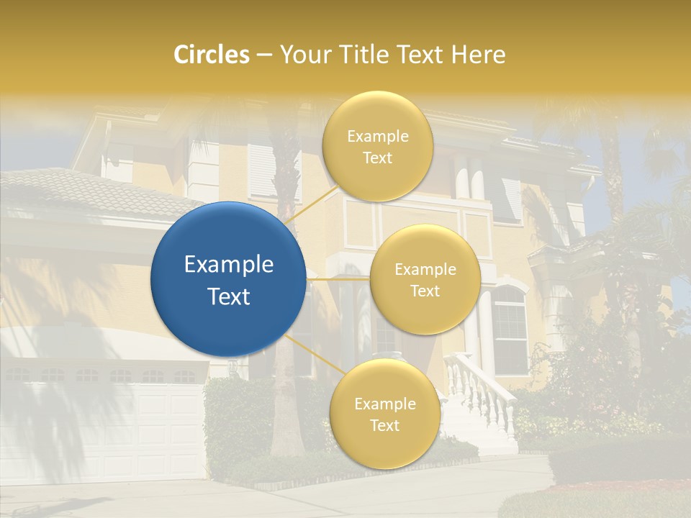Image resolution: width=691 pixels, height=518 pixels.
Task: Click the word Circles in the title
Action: click(x=212, y=55)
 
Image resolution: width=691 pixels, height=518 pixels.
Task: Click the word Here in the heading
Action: click(x=478, y=55)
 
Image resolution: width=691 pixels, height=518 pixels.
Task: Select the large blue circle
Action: click(x=229, y=279)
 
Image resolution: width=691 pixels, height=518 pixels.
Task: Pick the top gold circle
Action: click(x=378, y=146)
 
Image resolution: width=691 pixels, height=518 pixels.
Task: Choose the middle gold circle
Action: click(x=425, y=279)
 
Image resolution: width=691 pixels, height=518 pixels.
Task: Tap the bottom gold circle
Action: click(x=384, y=414)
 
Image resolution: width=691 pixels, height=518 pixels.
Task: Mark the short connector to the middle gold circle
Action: click(x=338, y=278)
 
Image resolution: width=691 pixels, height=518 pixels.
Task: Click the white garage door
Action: click(x=108, y=432)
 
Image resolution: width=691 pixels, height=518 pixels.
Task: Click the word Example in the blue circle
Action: click(x=229, y=265)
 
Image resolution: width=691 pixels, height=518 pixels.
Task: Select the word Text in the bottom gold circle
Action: click(x=384, y=425)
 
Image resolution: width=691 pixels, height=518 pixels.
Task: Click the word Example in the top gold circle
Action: click(x=378, y=136)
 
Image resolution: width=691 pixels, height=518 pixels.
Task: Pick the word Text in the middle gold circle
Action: click(x=425, y=291)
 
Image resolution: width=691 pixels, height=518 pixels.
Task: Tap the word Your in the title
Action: click(x=302, y=55)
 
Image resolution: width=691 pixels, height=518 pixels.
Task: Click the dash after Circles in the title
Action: click(x=263, y=55)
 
